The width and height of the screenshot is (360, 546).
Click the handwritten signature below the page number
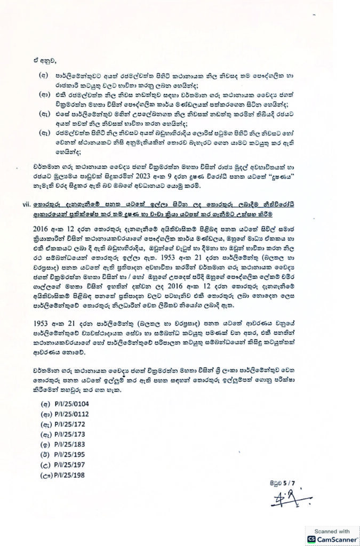coord(272,500)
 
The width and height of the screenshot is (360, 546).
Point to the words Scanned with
coord(331,531)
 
